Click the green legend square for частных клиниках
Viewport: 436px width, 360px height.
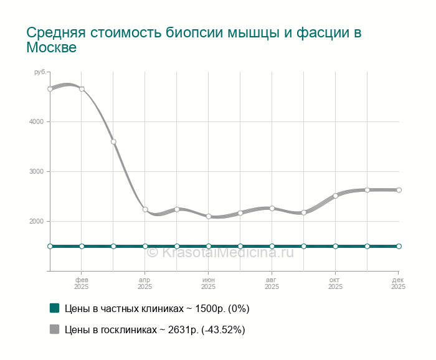click(x=54, y=308)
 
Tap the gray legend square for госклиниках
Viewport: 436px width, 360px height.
click(x=54, y=329)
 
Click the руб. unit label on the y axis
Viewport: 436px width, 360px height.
click(x=40, y=73)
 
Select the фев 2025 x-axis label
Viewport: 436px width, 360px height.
click(x=82, y=283)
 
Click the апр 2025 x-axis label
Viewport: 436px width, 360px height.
click(x=145, y=283)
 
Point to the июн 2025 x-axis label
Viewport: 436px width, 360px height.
click(x=209, y=283)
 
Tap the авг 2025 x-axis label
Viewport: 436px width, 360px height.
click(x=272, y=283)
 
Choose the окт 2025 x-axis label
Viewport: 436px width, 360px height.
click(x=335, y=283)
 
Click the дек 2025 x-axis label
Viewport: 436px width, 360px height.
click(x=398, y=283)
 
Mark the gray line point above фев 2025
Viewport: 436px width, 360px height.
click(x=82, y=88)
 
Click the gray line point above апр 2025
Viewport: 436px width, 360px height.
click(x=145, y=209)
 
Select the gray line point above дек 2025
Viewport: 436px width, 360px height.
click(x=399, y=190)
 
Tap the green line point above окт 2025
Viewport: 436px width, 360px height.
click(x=335, y=246)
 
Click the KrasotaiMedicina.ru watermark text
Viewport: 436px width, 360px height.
click(x=220, y=252)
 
